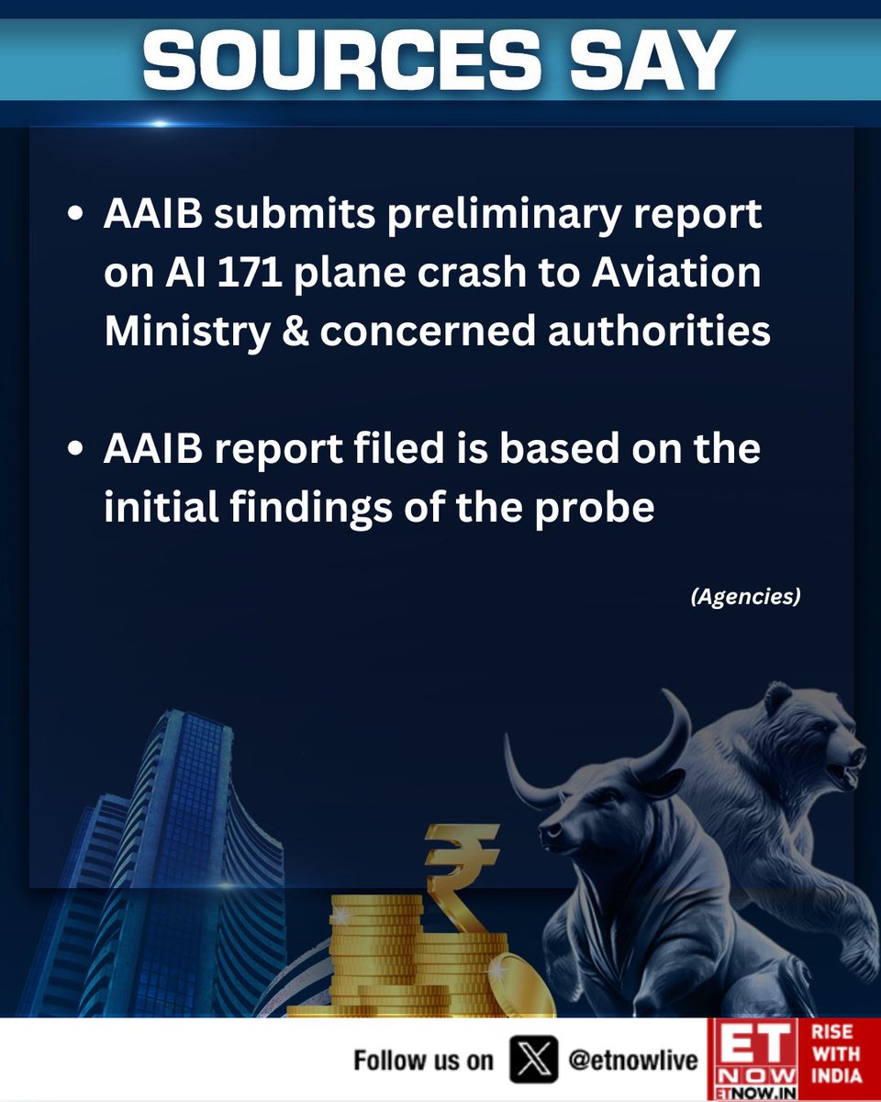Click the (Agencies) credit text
tap(744, 597)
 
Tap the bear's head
tap(808, 735)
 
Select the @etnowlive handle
tap(633, 1061)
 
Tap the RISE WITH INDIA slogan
tap(838, 1059)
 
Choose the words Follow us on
tap(423, 1061)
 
